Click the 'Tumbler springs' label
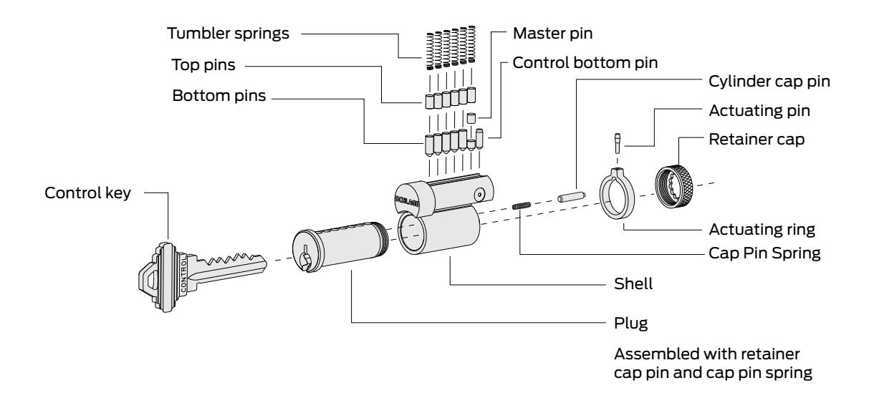tap(229, 34)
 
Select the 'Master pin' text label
tap(553, 34)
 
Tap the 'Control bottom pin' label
tap(585, 63)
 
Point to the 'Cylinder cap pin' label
tap(769, 82)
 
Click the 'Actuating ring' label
tap(762, 230)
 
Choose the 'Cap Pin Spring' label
tap(765, 253)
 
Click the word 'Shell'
tap(633, 283)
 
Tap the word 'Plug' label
tap(631, 324)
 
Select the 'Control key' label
tap(88, 193)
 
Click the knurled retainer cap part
tap(674, 186)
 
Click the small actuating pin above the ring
tap(618, 143)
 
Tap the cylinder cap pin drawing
tap(571, 197)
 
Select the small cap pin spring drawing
tap(522, 205)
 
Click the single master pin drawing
tap(471, 117)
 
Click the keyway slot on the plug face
tap(304, 258)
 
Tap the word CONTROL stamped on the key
tap(184, 275)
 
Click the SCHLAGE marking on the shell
tap(408, 200)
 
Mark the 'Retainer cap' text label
tap(757, 140)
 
